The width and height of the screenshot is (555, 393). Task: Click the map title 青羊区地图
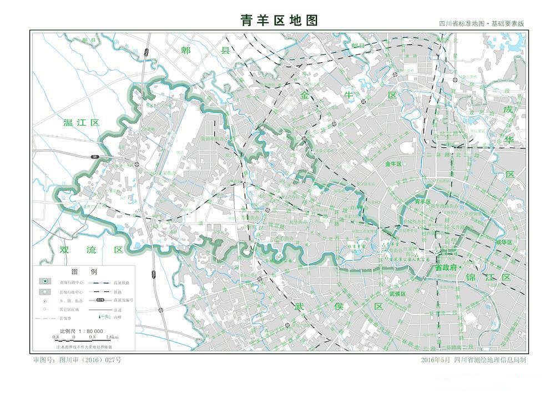(279, 20)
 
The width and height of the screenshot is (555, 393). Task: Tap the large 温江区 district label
(81, 123)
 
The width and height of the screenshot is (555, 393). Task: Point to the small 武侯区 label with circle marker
(397, 293)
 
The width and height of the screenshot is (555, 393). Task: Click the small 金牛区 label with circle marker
(393, 165)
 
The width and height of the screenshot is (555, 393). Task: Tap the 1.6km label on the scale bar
(111, 337)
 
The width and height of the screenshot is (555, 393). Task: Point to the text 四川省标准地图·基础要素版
(481, 24)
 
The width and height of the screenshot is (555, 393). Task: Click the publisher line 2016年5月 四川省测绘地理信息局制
(473, 360)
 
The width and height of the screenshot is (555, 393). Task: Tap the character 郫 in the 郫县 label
(186, 51)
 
